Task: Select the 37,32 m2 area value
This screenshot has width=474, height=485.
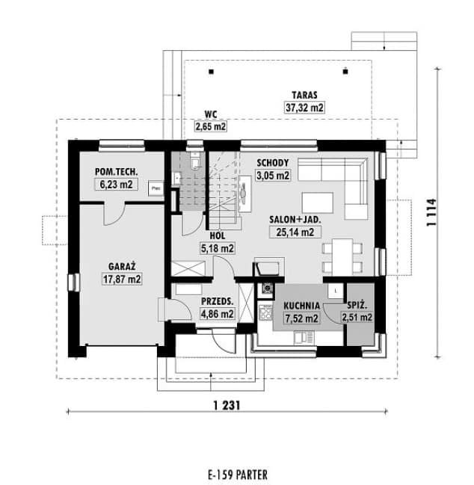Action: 305,108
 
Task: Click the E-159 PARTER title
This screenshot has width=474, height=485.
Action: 237,475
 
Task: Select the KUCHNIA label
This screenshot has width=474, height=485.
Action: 301,306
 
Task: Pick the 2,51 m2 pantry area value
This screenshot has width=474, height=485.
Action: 357,318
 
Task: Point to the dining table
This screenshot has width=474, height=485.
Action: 338,256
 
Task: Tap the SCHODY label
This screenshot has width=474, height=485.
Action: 272,163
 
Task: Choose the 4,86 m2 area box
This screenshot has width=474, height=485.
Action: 218,315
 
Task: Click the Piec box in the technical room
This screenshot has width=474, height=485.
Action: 156,188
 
